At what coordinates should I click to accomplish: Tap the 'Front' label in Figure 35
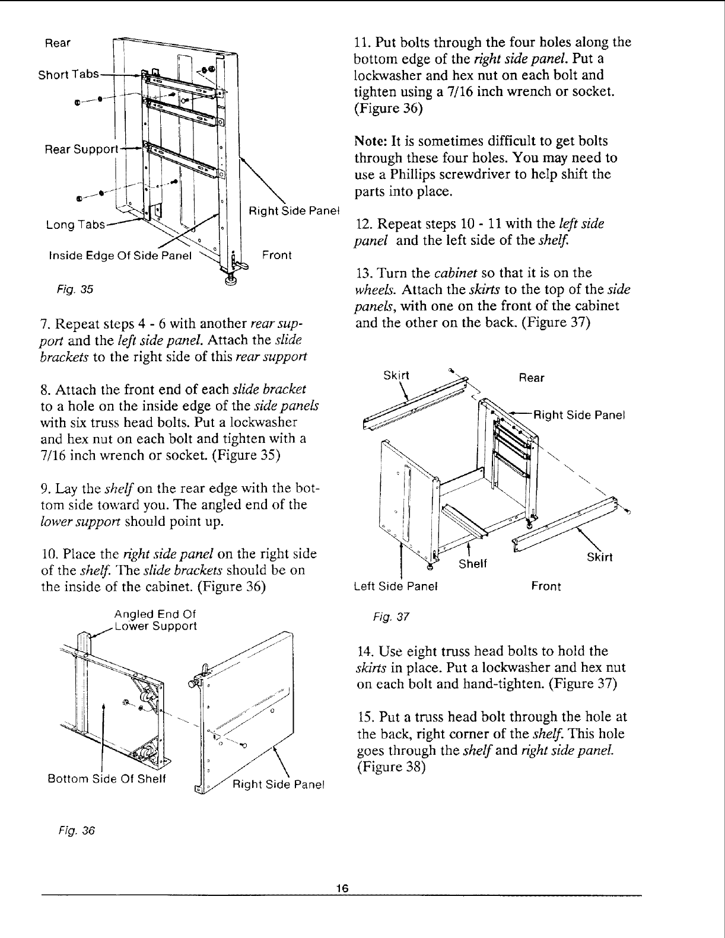tap(276, 256)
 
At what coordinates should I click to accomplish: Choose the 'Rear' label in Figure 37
tap(531, 378)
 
